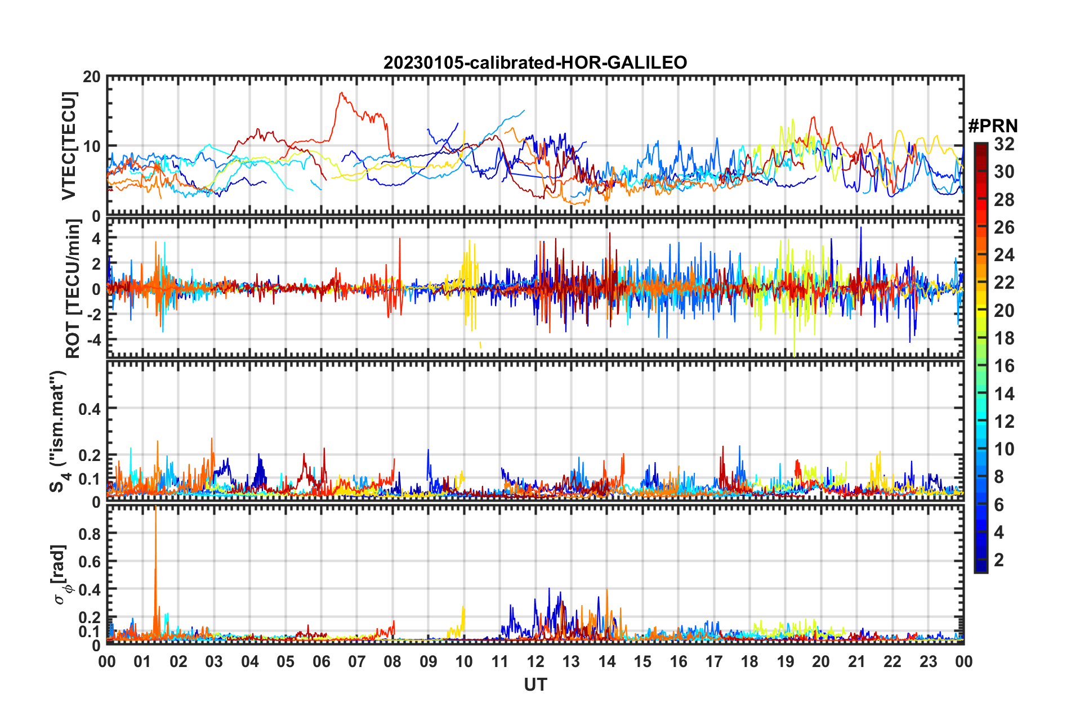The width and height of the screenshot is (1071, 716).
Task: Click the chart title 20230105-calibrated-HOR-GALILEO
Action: pyautogui.click(x=535, y=62)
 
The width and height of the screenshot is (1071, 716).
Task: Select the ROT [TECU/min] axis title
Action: pyautogui.click(x=73, y=289)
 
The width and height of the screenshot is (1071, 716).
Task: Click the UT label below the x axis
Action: pyautogui.click(x=535, y=684)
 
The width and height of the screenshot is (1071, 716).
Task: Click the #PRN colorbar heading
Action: pyautogui.click(x=993, y=126)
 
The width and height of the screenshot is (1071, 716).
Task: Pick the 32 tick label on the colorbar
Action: pyautogui.click(x=1004, y=144)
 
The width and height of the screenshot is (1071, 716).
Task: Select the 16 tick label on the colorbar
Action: pyautogui.click(x=1004, y=366)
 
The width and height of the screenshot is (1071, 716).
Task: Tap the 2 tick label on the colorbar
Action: pyautogui.click(x=999, y=560)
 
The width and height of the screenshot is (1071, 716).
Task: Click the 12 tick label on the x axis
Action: pyautogui.click(x=535, y=661)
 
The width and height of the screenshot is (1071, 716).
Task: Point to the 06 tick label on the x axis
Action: pyautogui.click(x=321, y=661)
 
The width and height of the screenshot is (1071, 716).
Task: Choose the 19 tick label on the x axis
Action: pyautogui.click(x=786, y=661)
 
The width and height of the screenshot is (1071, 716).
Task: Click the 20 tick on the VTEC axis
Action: pyautogui.click(x=91, y=77)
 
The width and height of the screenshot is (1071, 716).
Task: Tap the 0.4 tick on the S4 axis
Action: pyautogui.click(x=90, y=409)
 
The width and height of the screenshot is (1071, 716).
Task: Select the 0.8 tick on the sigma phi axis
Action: pyautogui.click(x=90, y=534)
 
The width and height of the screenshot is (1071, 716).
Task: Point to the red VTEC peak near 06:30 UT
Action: pyautogui.click(x=341, y=93)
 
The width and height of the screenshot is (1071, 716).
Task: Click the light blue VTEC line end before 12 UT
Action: pyautogui.click(x=524, y=111)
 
